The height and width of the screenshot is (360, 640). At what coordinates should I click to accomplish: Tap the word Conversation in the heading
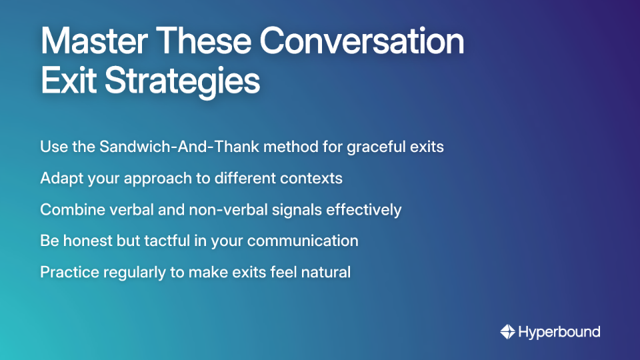[362, 42]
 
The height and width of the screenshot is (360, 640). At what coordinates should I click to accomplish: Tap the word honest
[88, 241]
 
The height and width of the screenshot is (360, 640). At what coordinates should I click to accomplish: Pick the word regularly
[131, 272]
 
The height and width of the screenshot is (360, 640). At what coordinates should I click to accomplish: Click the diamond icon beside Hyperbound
[507, 331]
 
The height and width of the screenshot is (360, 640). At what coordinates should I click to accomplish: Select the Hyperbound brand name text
[559, 331]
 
